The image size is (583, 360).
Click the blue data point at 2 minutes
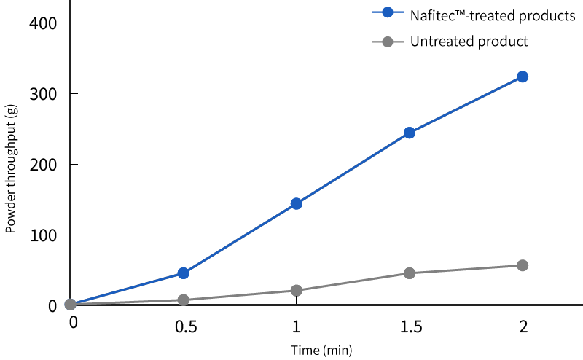(523, 77)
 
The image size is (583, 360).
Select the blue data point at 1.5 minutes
(410, 133)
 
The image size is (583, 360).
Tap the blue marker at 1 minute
(297, 203)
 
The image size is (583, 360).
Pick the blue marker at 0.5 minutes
(184, 273)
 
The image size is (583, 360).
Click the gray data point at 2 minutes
(523, 265)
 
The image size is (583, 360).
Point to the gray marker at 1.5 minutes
(410, 273)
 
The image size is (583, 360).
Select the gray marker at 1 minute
(297, 290)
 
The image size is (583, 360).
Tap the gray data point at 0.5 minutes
(184, 300)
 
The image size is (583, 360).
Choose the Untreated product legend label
(469, 42)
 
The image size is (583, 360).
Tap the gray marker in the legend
(388, 42)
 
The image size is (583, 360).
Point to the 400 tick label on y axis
(43, 23)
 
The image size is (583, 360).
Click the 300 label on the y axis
(43, 94)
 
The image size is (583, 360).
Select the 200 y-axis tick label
(43, 165)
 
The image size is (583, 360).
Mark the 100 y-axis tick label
(43, 235)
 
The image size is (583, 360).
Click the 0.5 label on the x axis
(185, 324)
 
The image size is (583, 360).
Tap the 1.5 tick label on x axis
(410, 324)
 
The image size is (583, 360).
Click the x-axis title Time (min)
(321, 351)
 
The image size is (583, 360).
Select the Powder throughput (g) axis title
(11, 168)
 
